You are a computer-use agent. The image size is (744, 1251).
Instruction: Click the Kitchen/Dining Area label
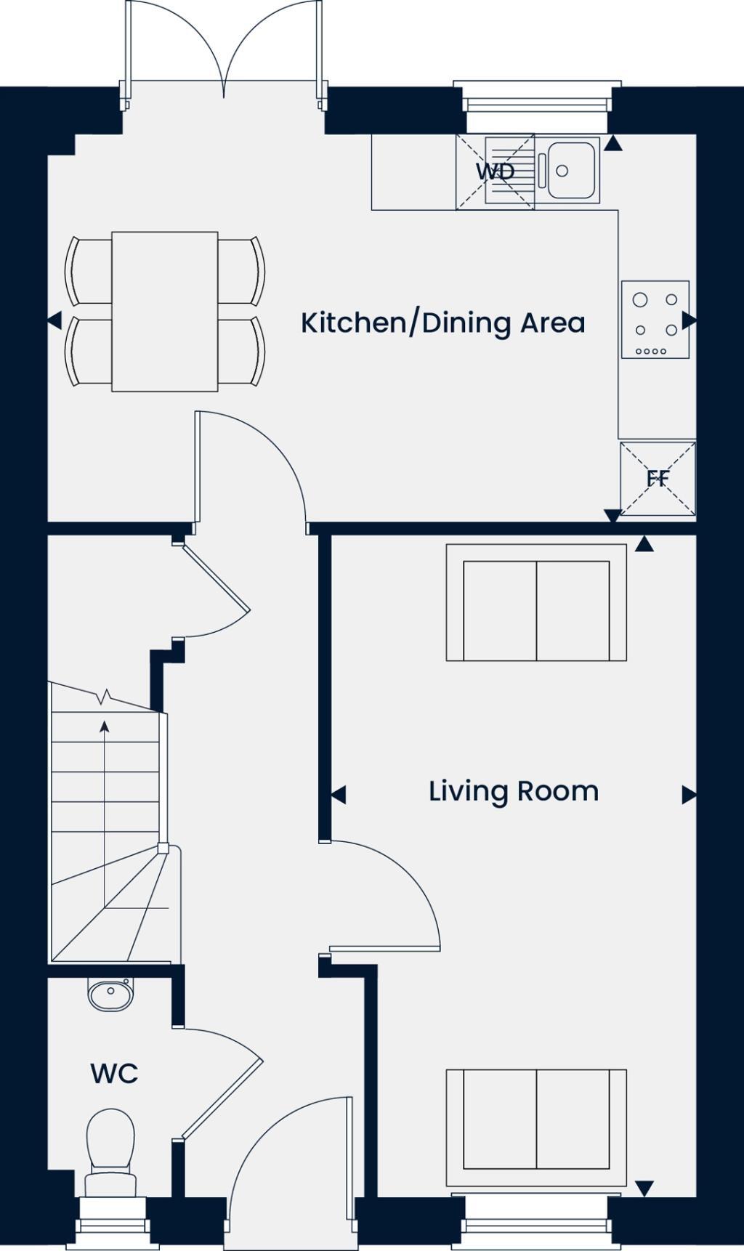(x=443, y=323)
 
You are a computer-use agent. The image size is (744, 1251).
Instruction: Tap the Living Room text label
(x=514, y=791)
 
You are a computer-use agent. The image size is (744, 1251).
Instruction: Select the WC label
(x=114, y=1073)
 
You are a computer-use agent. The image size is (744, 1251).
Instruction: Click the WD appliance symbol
(x=496, y=172)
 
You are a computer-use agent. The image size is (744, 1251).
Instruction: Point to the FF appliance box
(x=658, y=479)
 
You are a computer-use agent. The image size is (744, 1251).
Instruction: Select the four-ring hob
(x=655, y=320)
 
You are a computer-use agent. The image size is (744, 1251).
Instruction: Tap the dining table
(x=165, y=312)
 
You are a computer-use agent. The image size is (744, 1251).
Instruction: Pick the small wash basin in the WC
(x=110, y=992)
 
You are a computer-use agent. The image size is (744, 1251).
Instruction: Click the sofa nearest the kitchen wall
(x=536, y=603)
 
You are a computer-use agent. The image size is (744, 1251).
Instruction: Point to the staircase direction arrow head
(x=105, y=726)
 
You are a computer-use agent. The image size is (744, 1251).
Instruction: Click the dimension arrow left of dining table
(x=54, y=320)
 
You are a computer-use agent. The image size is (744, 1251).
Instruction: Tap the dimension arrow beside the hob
(x=690, y=320)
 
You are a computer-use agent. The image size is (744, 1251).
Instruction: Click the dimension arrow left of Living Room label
(x=338, y=795)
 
